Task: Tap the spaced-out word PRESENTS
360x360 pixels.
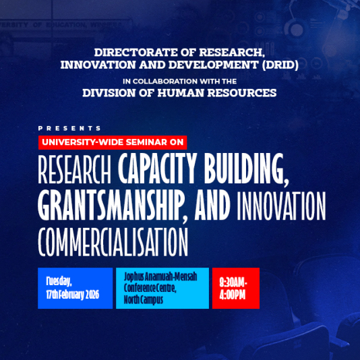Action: click(69, 128)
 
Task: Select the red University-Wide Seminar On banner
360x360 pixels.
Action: click(113, 142)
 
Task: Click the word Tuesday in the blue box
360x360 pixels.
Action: click(59, 280)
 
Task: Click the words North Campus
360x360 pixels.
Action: click(142, 300)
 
